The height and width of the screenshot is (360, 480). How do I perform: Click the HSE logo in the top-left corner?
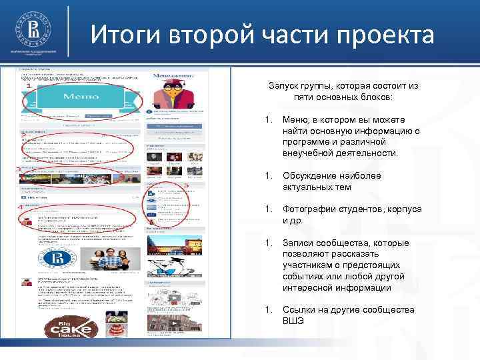point(32,30)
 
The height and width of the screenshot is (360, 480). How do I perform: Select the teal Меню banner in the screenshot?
point(81,97)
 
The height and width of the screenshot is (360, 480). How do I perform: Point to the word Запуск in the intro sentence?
point(284,87)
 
